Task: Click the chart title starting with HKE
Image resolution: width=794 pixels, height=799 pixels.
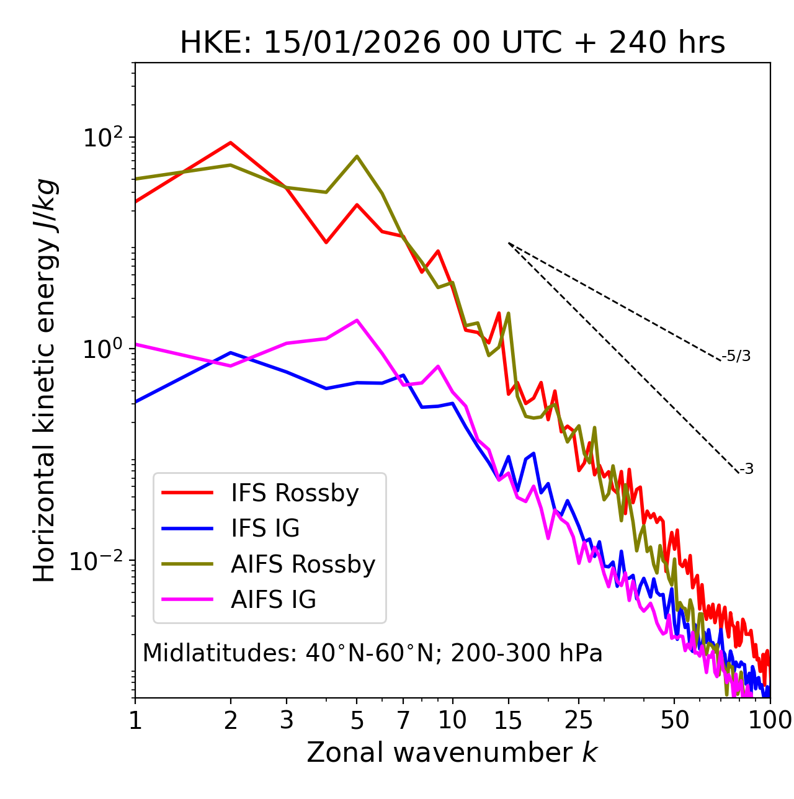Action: (452, 43)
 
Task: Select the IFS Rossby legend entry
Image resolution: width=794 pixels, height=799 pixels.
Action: (295, 493)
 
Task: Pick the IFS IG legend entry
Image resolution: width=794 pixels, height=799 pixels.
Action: (265, 529)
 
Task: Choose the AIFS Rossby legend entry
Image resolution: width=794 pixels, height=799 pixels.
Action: (303, 565)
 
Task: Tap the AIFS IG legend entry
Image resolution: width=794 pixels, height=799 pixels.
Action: (273, 600)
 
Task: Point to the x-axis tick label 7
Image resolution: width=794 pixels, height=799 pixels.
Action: (403, 720)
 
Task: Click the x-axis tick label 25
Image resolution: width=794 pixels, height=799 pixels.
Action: (579, 720)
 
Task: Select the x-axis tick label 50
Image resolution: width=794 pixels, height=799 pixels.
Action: (674, 720)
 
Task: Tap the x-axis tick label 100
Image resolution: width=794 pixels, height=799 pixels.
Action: (769, 720)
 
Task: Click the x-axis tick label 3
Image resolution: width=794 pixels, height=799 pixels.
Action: (287, 720)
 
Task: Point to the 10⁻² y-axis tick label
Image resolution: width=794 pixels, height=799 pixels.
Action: (99, 561)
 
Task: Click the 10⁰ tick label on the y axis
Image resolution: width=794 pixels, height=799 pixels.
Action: (103, 349)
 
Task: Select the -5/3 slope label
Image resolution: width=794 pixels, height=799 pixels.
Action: (736, 356)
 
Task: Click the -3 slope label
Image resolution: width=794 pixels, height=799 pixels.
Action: (746, 470)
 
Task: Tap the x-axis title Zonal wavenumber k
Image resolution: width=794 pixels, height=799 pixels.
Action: (452, 752)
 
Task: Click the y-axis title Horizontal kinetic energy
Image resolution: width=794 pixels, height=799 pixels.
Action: (45, 380)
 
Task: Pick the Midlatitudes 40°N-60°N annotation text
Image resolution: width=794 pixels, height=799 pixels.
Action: (372, 653)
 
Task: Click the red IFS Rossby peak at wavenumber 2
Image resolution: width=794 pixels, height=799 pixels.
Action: (231, 143)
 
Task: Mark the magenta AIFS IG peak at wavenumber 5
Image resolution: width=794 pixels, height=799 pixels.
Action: (357, 320)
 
